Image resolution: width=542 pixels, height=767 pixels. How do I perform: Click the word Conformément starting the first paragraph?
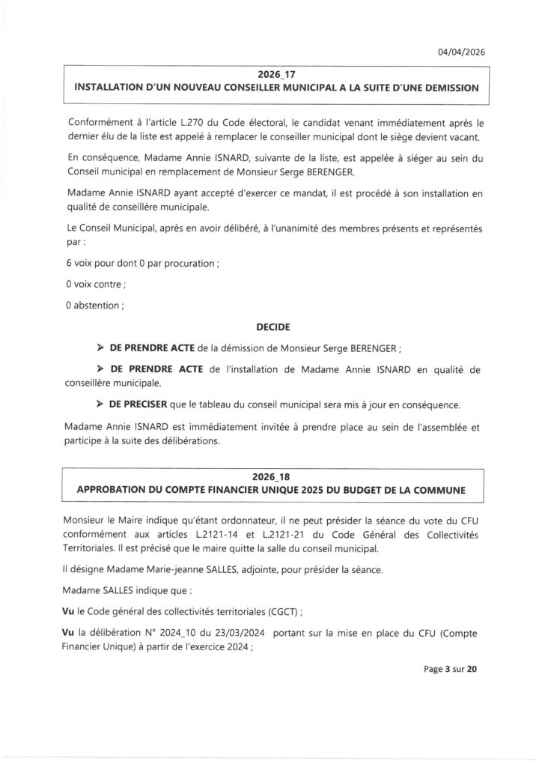coord(100,121)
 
